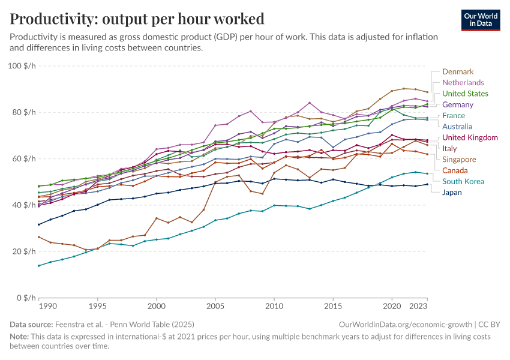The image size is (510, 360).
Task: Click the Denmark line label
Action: click(x=458, y=71)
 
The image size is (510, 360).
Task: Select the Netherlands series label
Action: click(x=463, y=82)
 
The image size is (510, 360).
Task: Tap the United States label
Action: click(x=465, y=94)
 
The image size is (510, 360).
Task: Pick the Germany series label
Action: click(x=458, y=104)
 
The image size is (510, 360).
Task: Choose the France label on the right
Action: click(x=453, y=115)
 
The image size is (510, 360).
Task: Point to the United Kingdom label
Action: click(x=469, y=137)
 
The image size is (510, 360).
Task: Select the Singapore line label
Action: click(x=459, y=160)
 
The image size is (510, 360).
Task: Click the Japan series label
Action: click(x=452, y=193)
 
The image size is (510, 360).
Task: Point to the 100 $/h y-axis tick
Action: click(x=23, y=65)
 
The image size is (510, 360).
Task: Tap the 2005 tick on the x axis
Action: click(x=215, y=307)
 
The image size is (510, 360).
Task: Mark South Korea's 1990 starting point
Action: click(x=39, y=266)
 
